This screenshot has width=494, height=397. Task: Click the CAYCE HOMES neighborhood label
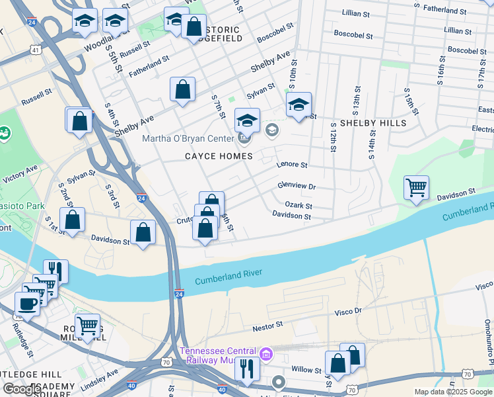[x=219, y=156]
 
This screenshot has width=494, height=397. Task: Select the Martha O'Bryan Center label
[x=188, y=138]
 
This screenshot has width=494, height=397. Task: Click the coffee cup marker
[x=27, y=304]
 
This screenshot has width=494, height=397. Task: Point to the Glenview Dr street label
[x=297, y=187]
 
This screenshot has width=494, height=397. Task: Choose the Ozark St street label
[x=299, y=206]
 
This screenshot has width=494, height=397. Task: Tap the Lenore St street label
[x=292, y=164]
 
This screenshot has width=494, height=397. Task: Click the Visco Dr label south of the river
[x=349, y=311]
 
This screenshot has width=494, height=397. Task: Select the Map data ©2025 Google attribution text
[x=452, y=392]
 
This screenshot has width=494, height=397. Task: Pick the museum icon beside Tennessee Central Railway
[x=266, y=354]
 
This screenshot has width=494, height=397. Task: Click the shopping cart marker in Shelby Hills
[x=416, y=187]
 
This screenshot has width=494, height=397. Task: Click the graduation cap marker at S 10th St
[x=299, y=104]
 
